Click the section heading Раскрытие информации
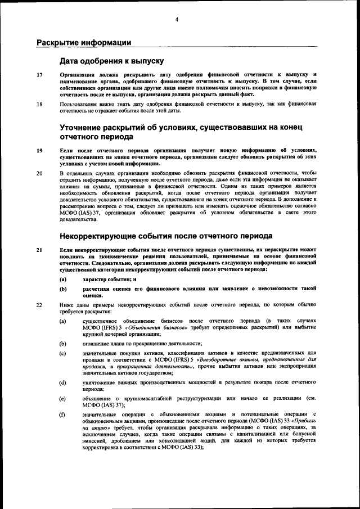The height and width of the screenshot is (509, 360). [x=84, y=42]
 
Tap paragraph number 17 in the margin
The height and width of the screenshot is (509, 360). [x=39, y=75]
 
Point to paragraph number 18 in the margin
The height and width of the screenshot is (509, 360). [x=39, y=104]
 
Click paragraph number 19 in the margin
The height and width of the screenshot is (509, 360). [x=39, y=150]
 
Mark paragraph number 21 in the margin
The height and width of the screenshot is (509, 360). [x=39, y=249]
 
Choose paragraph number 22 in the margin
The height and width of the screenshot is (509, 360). [x=39, y=304]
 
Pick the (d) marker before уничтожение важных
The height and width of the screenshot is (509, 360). [x=64, y=382]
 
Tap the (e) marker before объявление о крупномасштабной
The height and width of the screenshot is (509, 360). [x=64, y=398]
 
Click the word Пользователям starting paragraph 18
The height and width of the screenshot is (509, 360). [x=80, y=104]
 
